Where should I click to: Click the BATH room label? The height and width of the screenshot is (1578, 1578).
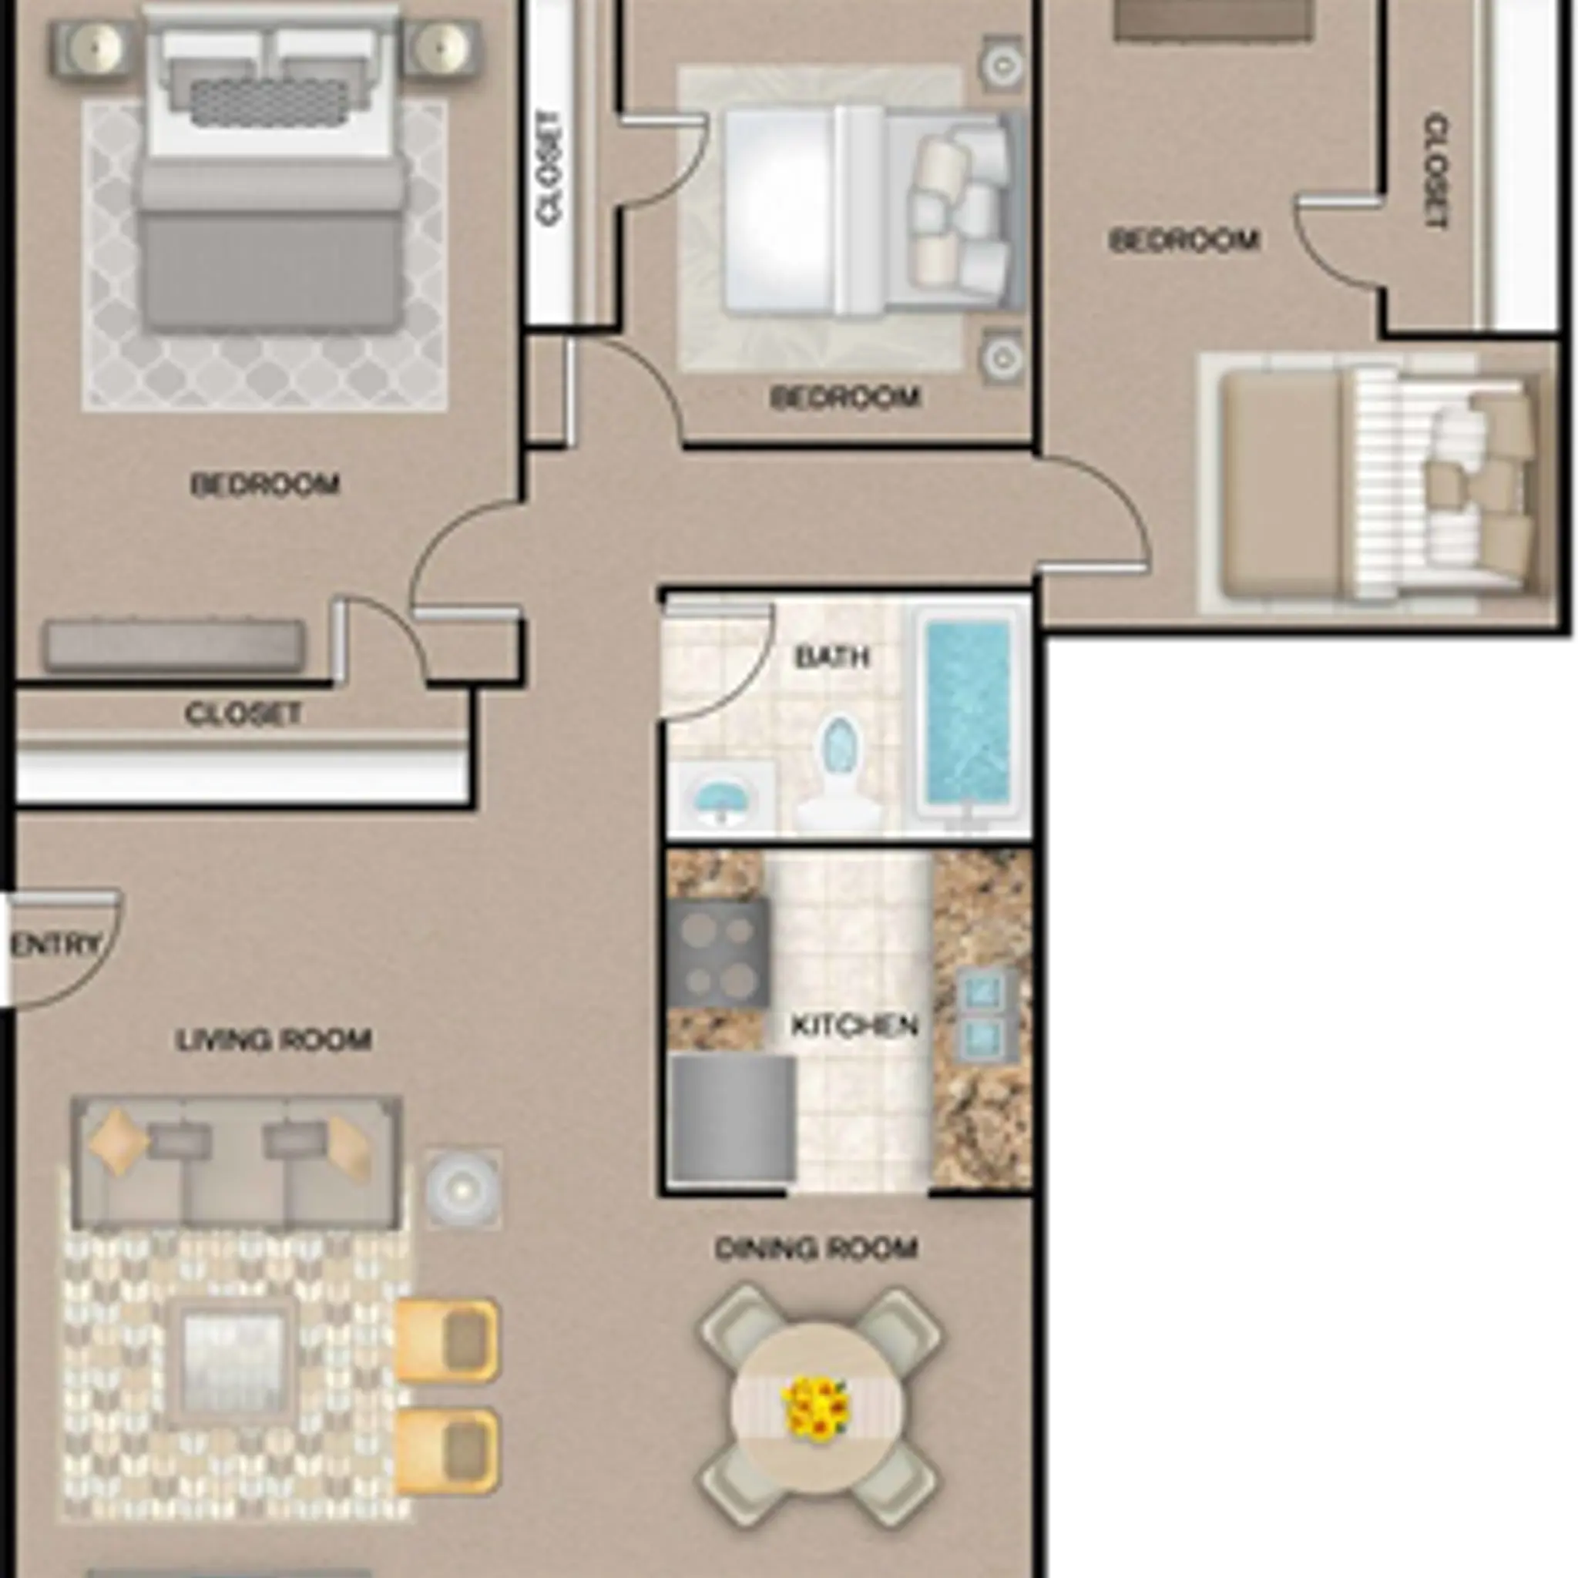831,656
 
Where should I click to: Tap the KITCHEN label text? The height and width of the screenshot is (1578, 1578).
854,1025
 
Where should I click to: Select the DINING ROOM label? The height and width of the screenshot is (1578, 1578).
816,1248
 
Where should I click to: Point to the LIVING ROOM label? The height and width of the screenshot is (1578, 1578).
274,1039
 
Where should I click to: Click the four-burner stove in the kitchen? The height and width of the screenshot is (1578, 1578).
718,952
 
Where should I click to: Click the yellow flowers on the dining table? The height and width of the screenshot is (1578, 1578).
816,1406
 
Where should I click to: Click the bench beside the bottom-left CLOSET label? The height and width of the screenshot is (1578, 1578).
175,645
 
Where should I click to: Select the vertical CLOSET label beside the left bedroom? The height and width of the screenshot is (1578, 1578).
549,168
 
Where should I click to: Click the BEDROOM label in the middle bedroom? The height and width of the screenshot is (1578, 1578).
844,398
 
